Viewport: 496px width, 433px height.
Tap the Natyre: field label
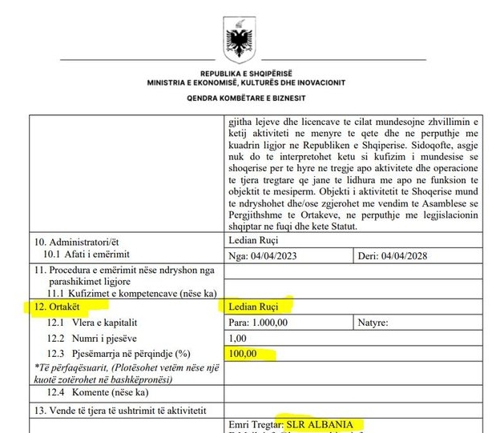point(373,323)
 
